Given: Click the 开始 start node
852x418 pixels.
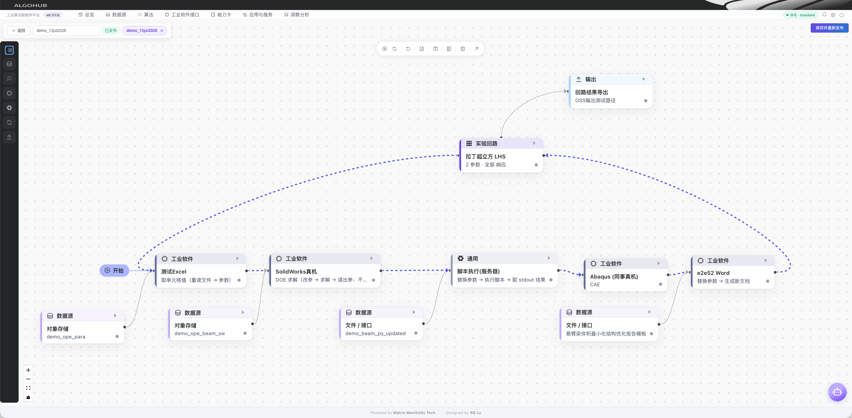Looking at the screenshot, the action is [x=114, y=271].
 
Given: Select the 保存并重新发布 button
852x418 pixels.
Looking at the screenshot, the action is [x=829, y=28].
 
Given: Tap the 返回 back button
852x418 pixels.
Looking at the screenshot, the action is [x=19, y=31].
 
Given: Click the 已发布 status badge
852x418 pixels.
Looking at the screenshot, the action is [x=111, y=31].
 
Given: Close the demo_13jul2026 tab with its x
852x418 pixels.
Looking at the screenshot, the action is [x=162, y=31].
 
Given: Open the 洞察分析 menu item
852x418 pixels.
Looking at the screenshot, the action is [x=297, y=15].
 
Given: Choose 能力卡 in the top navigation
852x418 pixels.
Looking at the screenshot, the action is [x=221, y=15].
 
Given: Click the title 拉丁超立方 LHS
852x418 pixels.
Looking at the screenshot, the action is [x=485, y=156].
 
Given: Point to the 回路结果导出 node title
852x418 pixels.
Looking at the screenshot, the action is [x=591, y=92].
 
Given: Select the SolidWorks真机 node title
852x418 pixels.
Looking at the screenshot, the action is [x=296, y=272].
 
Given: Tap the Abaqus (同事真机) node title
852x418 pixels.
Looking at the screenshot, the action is [x=614, y=277].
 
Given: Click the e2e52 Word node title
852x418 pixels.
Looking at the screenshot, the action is [x=713, y=273].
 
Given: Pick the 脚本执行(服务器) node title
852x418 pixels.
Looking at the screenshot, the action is [x=478, y=271].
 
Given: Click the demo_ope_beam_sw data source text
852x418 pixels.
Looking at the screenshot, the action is [x=200, y=333].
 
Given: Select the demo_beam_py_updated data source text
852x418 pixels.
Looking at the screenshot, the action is [x=375, y=333].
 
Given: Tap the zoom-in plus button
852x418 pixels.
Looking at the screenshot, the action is [x=28, y=370].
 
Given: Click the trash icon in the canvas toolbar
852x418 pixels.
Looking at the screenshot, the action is [x=463, y=49].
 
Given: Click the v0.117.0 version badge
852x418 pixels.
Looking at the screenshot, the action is [x=53, y=15].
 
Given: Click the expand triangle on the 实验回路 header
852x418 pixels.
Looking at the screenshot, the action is [x=534, y=143].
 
